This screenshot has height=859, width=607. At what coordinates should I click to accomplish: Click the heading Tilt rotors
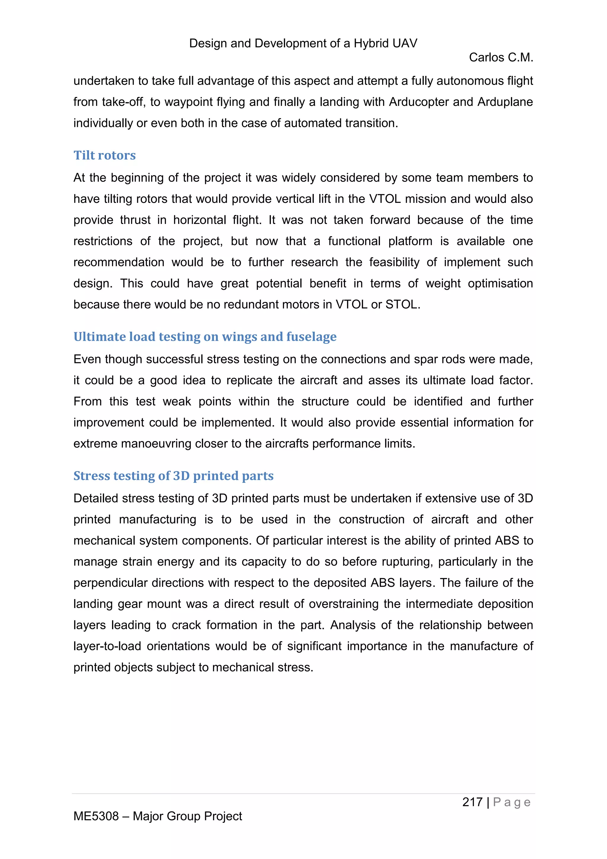(104, 155)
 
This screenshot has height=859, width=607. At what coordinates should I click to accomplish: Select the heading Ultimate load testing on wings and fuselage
(205, 337)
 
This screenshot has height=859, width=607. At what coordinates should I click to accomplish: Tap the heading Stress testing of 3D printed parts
(173, 476)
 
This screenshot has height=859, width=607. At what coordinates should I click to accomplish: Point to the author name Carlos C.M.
(501, 58)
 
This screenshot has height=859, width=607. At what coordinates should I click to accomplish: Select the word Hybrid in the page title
(371, 43)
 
